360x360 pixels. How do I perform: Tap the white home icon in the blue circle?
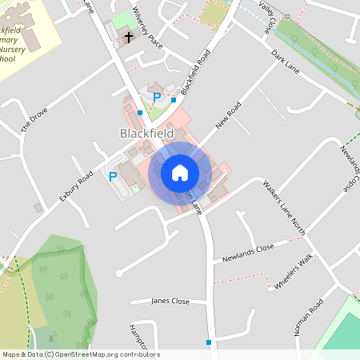180,173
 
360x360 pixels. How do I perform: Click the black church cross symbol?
128,37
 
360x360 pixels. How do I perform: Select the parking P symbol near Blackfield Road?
158,98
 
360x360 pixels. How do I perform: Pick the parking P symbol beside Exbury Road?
113,176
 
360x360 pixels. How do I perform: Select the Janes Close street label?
170,302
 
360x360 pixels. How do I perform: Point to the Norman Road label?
307,318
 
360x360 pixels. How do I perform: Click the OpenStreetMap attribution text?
80,354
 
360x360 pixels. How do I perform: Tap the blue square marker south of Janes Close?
209,342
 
